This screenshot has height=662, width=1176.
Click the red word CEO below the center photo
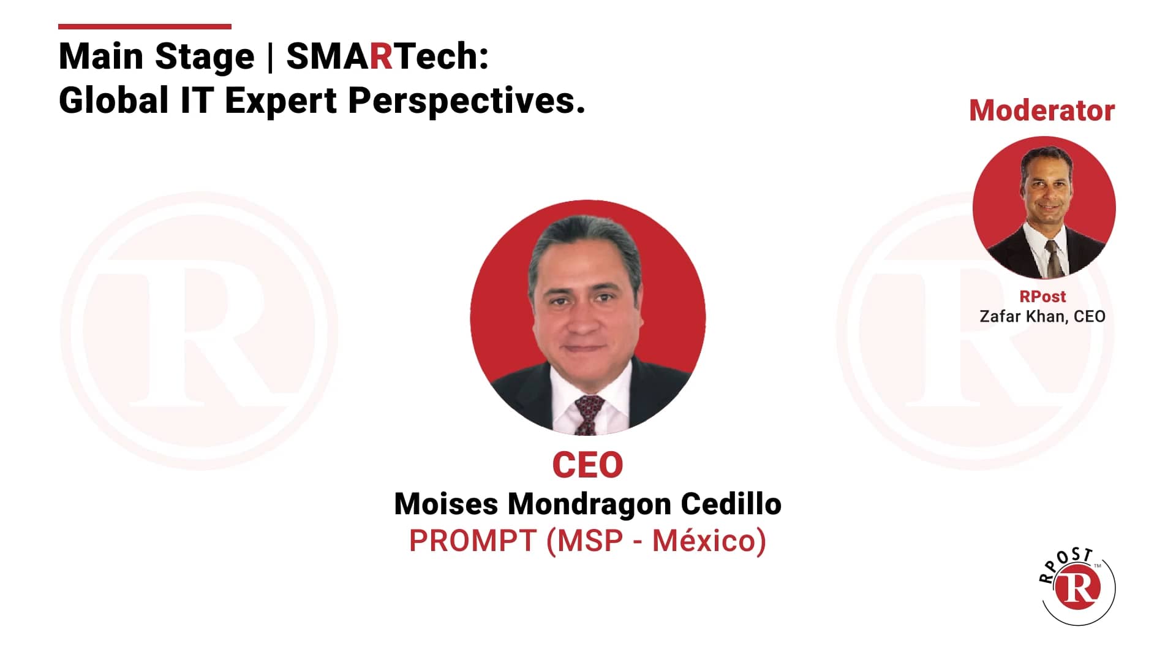(587, 465)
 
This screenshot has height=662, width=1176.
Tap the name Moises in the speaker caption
(446, 504)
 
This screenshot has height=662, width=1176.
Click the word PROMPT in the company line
(473, 541)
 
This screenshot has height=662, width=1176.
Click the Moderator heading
(1041, 111)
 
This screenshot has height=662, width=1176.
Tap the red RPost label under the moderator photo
(1042, 297)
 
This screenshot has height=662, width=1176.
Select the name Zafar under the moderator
(998, 316)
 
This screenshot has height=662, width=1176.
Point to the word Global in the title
(114, 101)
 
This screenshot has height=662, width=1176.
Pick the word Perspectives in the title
(466, 101)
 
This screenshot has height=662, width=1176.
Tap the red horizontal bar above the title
(145, 26)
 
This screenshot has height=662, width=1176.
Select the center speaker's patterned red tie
(588, 413)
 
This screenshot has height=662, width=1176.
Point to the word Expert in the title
(281, 101)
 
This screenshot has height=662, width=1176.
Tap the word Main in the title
(101, 56)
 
